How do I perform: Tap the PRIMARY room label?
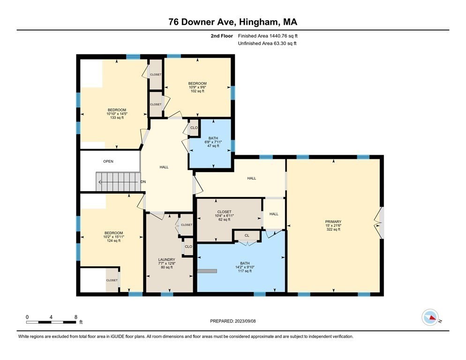point(333,222)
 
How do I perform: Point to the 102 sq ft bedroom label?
point(197,87)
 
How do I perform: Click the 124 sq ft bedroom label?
point(113,237)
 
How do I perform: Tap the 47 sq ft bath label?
point(210,142)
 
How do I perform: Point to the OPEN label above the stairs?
point(108,161)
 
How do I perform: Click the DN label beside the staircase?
point(143,182)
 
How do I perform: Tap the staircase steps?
point(117,182)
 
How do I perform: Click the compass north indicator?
point(431,318)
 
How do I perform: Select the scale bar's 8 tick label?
point(75,316)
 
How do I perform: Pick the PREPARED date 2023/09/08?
point(233,321)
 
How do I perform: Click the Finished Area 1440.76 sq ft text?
point(268,36)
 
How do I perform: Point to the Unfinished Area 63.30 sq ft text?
point(267,44)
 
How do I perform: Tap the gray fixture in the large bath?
point(207,270)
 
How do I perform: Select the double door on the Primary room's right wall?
point(380,222)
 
